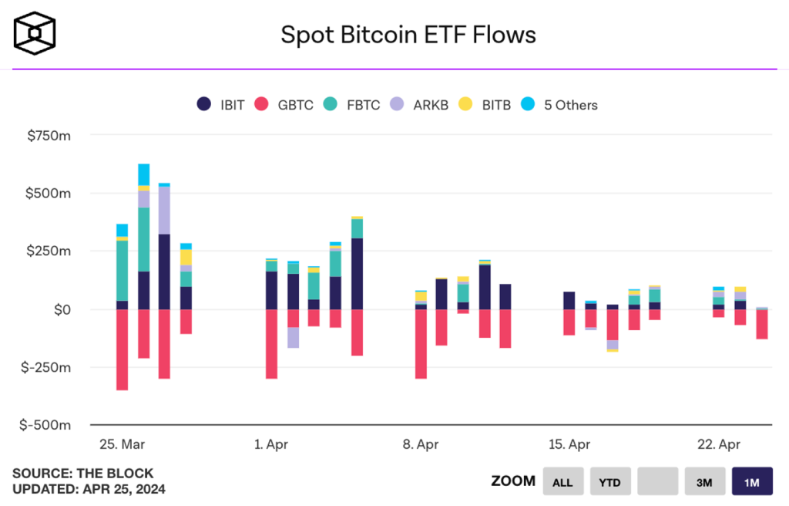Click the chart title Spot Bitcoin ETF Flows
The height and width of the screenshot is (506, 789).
(408, 35)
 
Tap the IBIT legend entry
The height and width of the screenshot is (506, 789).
(220, 105)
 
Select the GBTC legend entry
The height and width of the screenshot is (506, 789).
(284, 105)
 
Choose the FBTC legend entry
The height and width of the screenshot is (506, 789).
(351, 105)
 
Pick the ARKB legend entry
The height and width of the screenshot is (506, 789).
(419, 105)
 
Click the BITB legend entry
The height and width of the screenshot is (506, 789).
(485, 105)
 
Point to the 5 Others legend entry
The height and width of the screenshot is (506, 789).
(559, 105)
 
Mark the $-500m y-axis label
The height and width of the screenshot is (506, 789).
(47, 425)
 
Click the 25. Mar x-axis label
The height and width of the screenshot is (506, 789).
(122, 445)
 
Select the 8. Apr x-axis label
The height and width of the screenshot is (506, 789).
(420, 445)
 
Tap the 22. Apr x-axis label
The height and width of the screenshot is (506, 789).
(719, 445)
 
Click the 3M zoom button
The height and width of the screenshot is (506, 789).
(704, 482)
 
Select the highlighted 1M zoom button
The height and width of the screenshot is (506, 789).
(752, 482)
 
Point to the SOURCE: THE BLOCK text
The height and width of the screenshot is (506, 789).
(82, 474)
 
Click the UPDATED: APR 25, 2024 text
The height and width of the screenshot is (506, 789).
(89, 489)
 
